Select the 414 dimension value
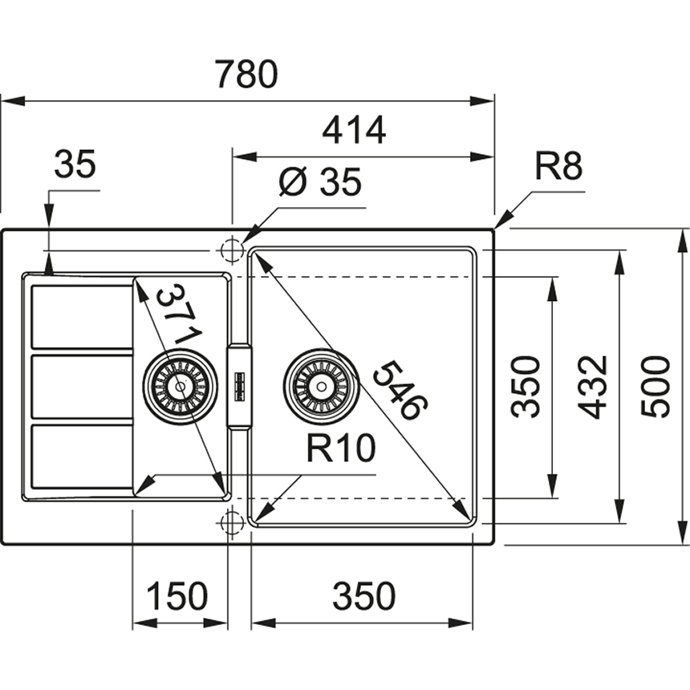coord(354,129)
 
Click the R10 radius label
coord(339,449)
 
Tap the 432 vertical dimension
coord(594,386)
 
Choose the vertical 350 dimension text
coord(527,386)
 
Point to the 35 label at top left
coord(75,164)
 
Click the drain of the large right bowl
coord(320,386)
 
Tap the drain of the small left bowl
coord(180,386)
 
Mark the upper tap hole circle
coord(231,250)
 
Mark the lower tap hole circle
coord(231,522)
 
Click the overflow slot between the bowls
coord(240,386)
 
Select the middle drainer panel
coord(82,387)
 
